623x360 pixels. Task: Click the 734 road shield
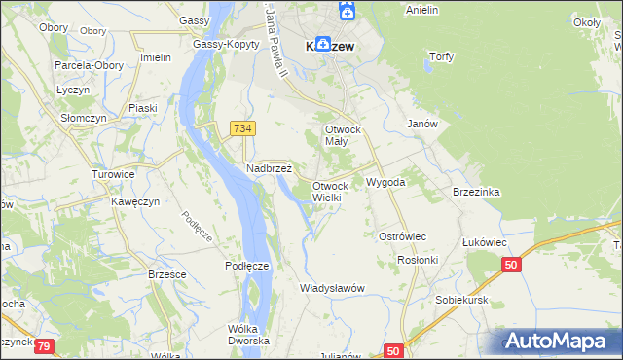[x=243, y=128]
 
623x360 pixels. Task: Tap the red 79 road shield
[x=46, y=343]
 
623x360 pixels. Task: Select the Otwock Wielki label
[x=330, y=192]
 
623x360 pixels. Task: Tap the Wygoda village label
[x=385, y=182]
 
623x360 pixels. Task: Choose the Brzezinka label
[x=476, y=193]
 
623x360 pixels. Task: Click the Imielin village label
[x=156, y=57]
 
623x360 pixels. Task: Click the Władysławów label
[x=332, y=288]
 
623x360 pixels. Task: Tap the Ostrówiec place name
[x=403, y=237]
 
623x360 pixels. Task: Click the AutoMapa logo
[x=560, y=342]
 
